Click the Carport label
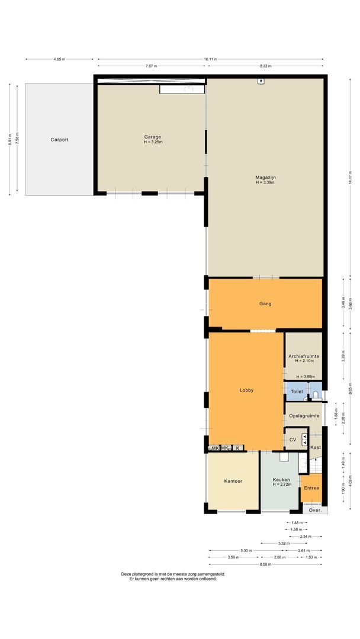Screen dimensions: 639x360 pos(59,140)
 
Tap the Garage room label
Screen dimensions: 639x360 pos(152,137)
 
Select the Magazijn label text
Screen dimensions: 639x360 pos(266,177)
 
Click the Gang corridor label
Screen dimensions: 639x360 pos(265,304)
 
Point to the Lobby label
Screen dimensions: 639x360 pos(246,390)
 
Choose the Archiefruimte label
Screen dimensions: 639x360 pos(304,356)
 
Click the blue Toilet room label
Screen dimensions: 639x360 pos(297,392)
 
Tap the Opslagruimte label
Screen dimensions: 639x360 pos(304,416)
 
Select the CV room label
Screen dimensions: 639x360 pos(292,440)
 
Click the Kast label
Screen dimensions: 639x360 pos(316,447)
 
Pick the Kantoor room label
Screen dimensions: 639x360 pos(233,480)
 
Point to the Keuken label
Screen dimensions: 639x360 pos(281,480)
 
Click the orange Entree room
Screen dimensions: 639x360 pos(311,488)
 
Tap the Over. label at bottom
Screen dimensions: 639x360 pos(316,509)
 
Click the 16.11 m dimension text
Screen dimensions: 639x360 pos(210,59)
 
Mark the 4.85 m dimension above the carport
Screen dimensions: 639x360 pos(59,59)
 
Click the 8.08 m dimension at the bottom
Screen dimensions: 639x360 pos(265,564)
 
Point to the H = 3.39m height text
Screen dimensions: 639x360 pos(266,182)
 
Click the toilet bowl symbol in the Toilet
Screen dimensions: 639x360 pos(316,393)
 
